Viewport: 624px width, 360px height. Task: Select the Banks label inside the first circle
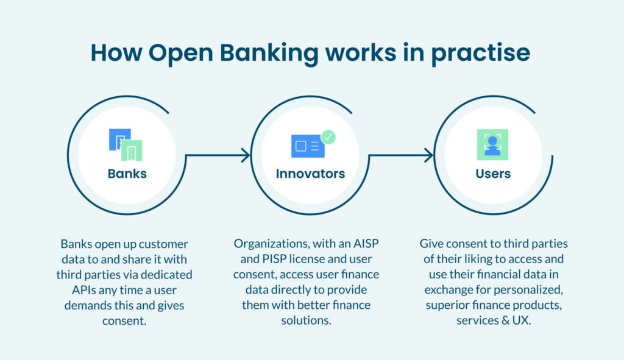pos(127,174)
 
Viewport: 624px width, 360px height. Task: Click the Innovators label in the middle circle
pos(310,174)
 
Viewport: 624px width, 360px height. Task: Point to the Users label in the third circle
pos(493,174)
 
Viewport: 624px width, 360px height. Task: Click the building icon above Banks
pos(126,145)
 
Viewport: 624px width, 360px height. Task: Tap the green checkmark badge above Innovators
pos(328,136)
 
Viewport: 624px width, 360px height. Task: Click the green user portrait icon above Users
pos(492,145)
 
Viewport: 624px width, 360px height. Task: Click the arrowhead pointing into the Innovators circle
pos(246,155)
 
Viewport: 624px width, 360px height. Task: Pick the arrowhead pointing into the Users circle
pos(428,155)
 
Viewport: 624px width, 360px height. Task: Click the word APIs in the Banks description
pos(71,289)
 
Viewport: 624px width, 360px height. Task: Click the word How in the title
pos(115,53)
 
